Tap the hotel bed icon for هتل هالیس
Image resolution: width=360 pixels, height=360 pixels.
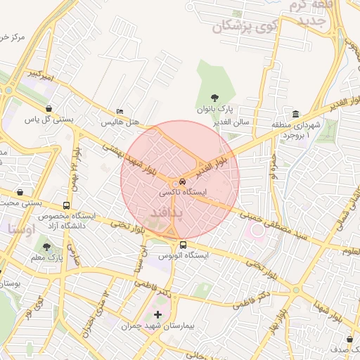(120, 112)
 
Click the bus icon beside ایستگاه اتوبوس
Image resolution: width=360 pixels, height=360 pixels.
(184, 245)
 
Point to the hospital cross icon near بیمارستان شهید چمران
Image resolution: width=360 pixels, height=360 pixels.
(157, 314)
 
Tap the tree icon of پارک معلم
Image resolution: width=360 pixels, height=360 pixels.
(46, 247)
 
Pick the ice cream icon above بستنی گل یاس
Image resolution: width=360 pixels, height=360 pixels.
(49, 108)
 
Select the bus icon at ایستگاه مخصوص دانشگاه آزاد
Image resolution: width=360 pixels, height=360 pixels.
(66, 206)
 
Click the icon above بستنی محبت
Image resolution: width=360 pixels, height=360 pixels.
(20, 192)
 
